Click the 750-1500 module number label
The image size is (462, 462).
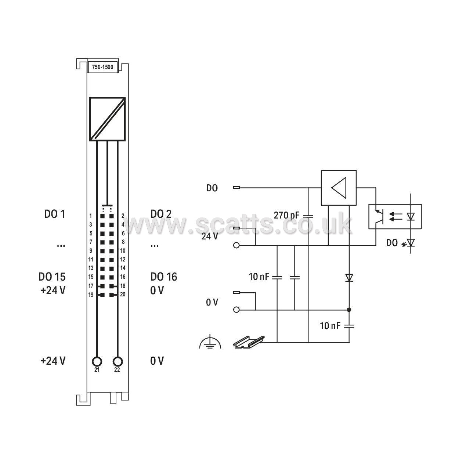pos(102,67)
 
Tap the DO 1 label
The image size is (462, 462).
pos(55,214)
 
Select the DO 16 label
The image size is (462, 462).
pos(164,277)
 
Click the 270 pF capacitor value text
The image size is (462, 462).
pos(286,216)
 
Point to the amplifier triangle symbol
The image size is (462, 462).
pos(339,188)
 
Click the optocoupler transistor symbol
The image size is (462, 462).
pos(378,217)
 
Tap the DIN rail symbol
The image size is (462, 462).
pos(249,342)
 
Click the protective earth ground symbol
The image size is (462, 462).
pos(210,342)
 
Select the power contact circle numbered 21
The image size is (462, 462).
pos(97,361)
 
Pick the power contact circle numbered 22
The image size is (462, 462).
pos(118,361)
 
